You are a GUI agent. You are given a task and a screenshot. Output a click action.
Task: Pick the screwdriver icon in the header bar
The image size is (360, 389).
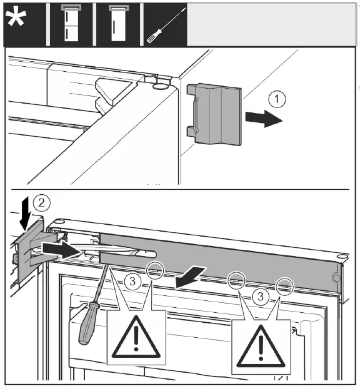[x=166, y=26]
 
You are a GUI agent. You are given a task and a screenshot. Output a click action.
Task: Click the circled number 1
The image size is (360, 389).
[x=277, y=99]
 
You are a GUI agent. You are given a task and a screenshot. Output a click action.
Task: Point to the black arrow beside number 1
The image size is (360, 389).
[x=264, y=119]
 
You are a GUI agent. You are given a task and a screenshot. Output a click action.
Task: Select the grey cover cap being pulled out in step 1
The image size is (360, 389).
[x=214, y=115]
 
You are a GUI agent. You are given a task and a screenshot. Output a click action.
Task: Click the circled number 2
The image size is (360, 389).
[x=41, y=203]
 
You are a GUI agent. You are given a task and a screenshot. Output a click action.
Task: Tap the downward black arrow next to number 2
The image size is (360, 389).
[x=25, y=214]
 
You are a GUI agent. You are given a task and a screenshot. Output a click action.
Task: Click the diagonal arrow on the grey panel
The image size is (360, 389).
[x=190, y=277]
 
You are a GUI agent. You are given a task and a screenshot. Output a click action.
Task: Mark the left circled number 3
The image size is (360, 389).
[x=132, y=282]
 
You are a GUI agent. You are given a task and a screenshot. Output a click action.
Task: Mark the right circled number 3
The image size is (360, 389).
[x=260, y=296]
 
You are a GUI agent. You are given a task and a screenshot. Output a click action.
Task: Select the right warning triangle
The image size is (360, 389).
[x=261, y=346]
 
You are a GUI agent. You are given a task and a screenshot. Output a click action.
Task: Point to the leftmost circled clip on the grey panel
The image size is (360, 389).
[x=156, y=270]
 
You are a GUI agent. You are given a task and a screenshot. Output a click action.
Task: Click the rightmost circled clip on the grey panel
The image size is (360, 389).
[x=285, y=287]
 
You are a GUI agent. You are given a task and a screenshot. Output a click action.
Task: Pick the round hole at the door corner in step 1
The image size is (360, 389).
[x=161, y=87]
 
